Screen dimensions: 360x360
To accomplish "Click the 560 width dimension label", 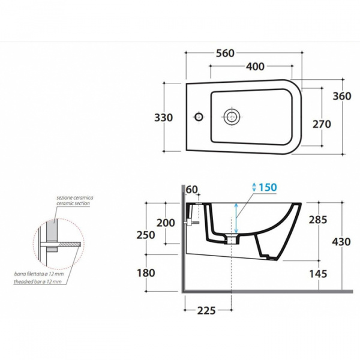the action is click(x=225, y=53).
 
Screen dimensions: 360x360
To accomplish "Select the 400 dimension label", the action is click(x=256, y=67).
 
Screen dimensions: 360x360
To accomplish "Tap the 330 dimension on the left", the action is click(x=163, y=118).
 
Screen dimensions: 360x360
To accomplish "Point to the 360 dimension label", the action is click(x=342, y=96).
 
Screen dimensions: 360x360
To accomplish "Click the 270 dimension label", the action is click(x=322, y=124).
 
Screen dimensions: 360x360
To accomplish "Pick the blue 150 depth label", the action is click(x=268, y=187).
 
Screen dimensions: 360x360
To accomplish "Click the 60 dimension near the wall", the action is click(x=192, y=190).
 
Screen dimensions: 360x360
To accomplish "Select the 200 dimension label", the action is click(x=166, y=223).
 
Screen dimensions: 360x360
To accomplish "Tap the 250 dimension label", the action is click(x=146, y=235).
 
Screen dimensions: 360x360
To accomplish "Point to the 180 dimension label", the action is click(x=146, y=273).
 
